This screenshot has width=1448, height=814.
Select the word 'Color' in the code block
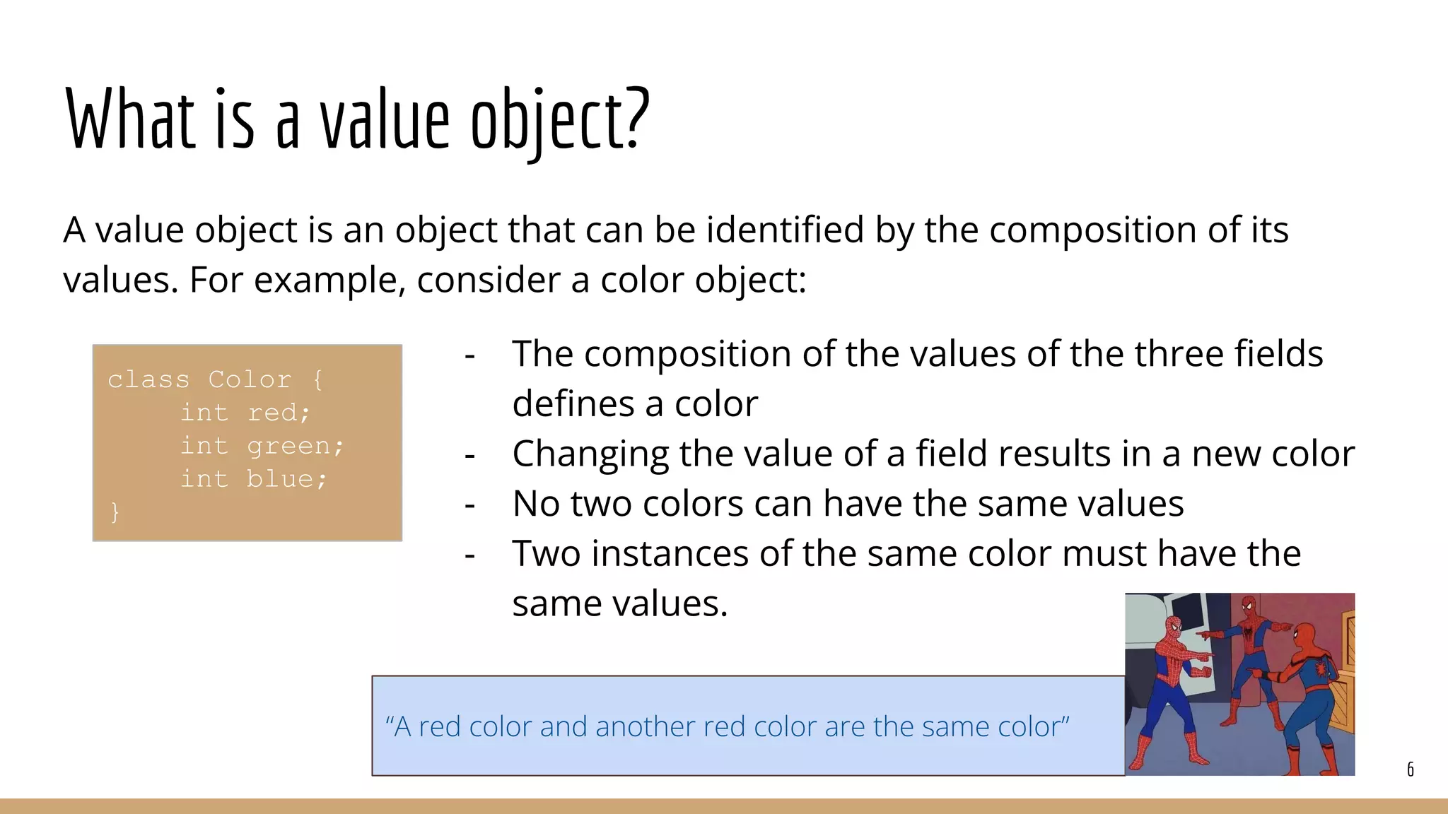pyautogui.click(x=250, y=379)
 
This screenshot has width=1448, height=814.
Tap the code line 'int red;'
pyautogui.click(x=245, y=413)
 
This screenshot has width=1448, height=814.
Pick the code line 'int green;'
pyautogui.click(x=262, y=446)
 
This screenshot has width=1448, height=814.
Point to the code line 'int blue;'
pyautogui.click(x=253, y=479)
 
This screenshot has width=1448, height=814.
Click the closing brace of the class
pyautogui.click(x=115, y=512)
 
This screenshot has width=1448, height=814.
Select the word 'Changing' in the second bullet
pyautogui.click(x=590, y=454)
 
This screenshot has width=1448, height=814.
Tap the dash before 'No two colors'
pyautogui.click(x=469, y=505)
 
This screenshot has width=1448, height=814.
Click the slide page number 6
pyautogui.click(x=1410, y=769)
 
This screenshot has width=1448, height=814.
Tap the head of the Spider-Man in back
pyautogui.click(x=1249, y=606)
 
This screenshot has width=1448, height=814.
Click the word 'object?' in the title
pyautogui.click(x=560, y=120)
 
